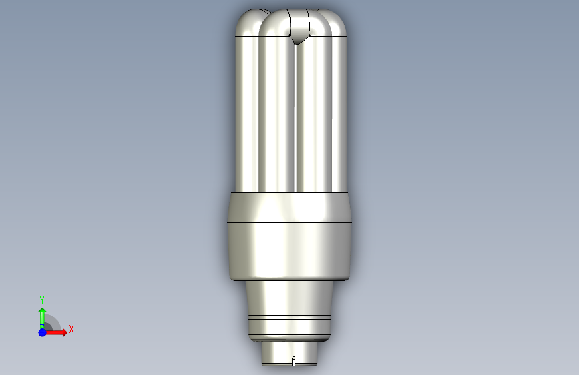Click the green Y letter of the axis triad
42,300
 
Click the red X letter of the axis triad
71,329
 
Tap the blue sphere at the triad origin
43,332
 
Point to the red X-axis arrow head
64,332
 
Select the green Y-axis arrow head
43,311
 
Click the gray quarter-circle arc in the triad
55,320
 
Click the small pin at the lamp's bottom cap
294,361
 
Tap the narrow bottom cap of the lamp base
289,354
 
